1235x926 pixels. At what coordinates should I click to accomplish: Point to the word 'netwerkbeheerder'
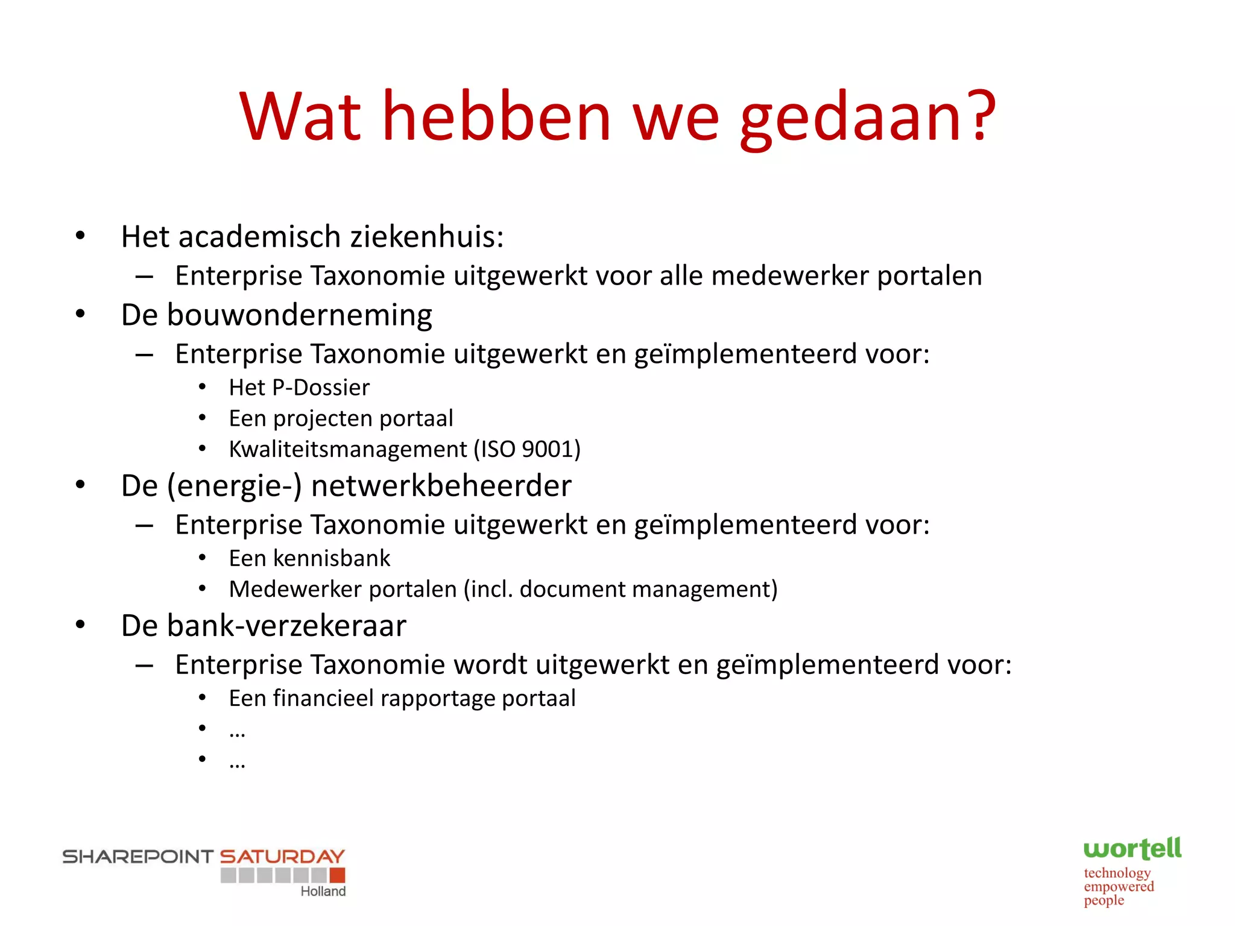441,486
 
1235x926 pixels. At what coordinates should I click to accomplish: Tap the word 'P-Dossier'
321,388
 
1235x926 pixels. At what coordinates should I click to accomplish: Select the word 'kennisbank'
332,558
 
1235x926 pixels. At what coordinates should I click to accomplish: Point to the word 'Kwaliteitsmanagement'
348,449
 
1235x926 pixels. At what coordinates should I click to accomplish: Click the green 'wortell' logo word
1132,849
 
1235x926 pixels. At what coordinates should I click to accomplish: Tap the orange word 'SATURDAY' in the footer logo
282,856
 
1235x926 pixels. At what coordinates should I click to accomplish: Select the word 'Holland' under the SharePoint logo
323,891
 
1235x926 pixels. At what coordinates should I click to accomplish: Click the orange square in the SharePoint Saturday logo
338,875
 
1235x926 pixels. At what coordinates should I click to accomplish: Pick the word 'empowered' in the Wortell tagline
1119,886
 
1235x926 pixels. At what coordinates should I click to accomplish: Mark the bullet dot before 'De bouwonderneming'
80,314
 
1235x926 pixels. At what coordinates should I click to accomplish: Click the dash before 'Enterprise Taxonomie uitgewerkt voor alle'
144,277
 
